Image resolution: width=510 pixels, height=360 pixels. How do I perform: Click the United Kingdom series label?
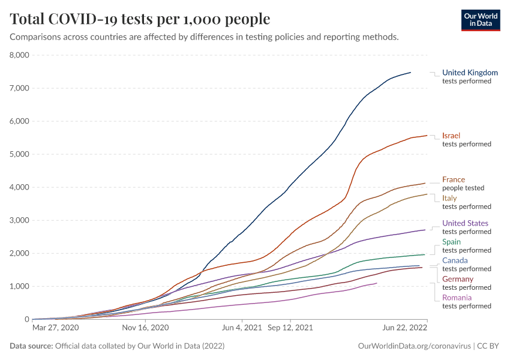tap(470, 73)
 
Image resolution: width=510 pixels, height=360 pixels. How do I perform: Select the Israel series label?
tap(451, 136)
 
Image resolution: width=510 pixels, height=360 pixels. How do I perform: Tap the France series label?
tap(454, 179)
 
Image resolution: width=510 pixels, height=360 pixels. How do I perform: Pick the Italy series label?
tap(450, 198)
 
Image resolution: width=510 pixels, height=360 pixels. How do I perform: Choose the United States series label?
tap(465, 223)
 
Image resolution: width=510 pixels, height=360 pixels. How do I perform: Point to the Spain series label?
tap(451, 242)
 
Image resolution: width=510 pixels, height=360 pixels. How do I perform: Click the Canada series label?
tap(455, 260)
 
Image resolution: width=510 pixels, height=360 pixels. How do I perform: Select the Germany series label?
tap(458, 279)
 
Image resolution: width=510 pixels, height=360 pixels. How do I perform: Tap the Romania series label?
tap(457, 298)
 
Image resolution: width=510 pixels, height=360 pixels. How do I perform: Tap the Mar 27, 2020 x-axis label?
tap(55, 328)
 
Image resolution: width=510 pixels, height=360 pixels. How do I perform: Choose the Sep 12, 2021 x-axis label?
tap(290, 328)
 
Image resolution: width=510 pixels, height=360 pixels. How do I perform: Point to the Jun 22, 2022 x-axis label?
tap(404, 328)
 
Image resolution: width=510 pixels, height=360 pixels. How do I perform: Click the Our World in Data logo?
tap(480, 19)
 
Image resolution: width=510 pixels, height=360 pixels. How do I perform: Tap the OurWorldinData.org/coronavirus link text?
tap(414, 346)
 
